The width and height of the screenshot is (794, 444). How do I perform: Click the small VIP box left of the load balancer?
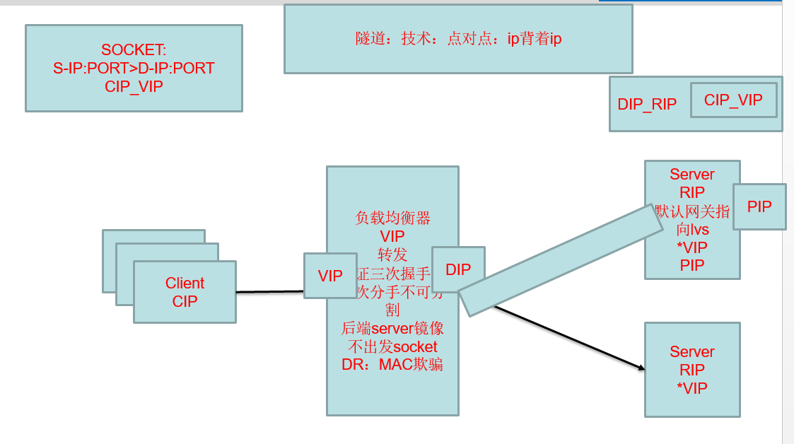330,276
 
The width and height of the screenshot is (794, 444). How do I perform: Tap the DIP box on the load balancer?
458,269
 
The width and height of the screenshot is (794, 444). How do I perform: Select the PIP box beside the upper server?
759,206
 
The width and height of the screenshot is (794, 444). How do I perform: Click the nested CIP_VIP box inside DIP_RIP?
733,100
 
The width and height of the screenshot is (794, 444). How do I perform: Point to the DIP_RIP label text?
647,105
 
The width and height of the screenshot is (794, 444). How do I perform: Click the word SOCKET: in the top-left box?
134,50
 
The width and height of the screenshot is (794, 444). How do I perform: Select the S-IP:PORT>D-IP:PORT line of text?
134,69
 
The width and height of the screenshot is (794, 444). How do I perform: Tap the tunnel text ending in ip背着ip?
458,39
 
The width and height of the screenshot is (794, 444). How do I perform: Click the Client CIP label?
185,292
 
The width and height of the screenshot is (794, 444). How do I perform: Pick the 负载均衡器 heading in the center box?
392,218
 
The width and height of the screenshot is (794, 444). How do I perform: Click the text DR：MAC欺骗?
392,365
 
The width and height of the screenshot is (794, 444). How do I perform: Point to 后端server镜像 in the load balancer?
392,329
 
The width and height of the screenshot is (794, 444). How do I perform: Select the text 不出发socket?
392,347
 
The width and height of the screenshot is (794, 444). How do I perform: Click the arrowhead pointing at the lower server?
641,368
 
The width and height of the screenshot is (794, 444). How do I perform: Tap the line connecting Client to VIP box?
269,291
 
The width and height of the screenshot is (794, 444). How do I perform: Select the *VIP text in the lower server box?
693,387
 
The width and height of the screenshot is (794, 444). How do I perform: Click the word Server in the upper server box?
692,174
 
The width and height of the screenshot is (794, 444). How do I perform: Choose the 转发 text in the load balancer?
392,255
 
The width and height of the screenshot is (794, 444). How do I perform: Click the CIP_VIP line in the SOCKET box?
134,87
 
